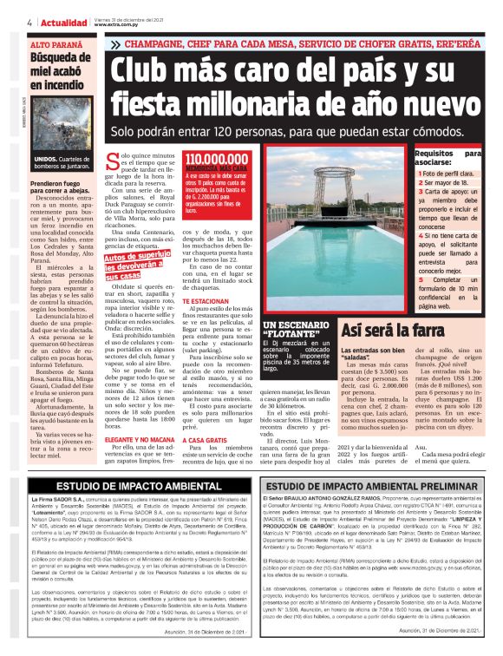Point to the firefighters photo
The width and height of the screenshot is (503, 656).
click(x=60, y=134)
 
